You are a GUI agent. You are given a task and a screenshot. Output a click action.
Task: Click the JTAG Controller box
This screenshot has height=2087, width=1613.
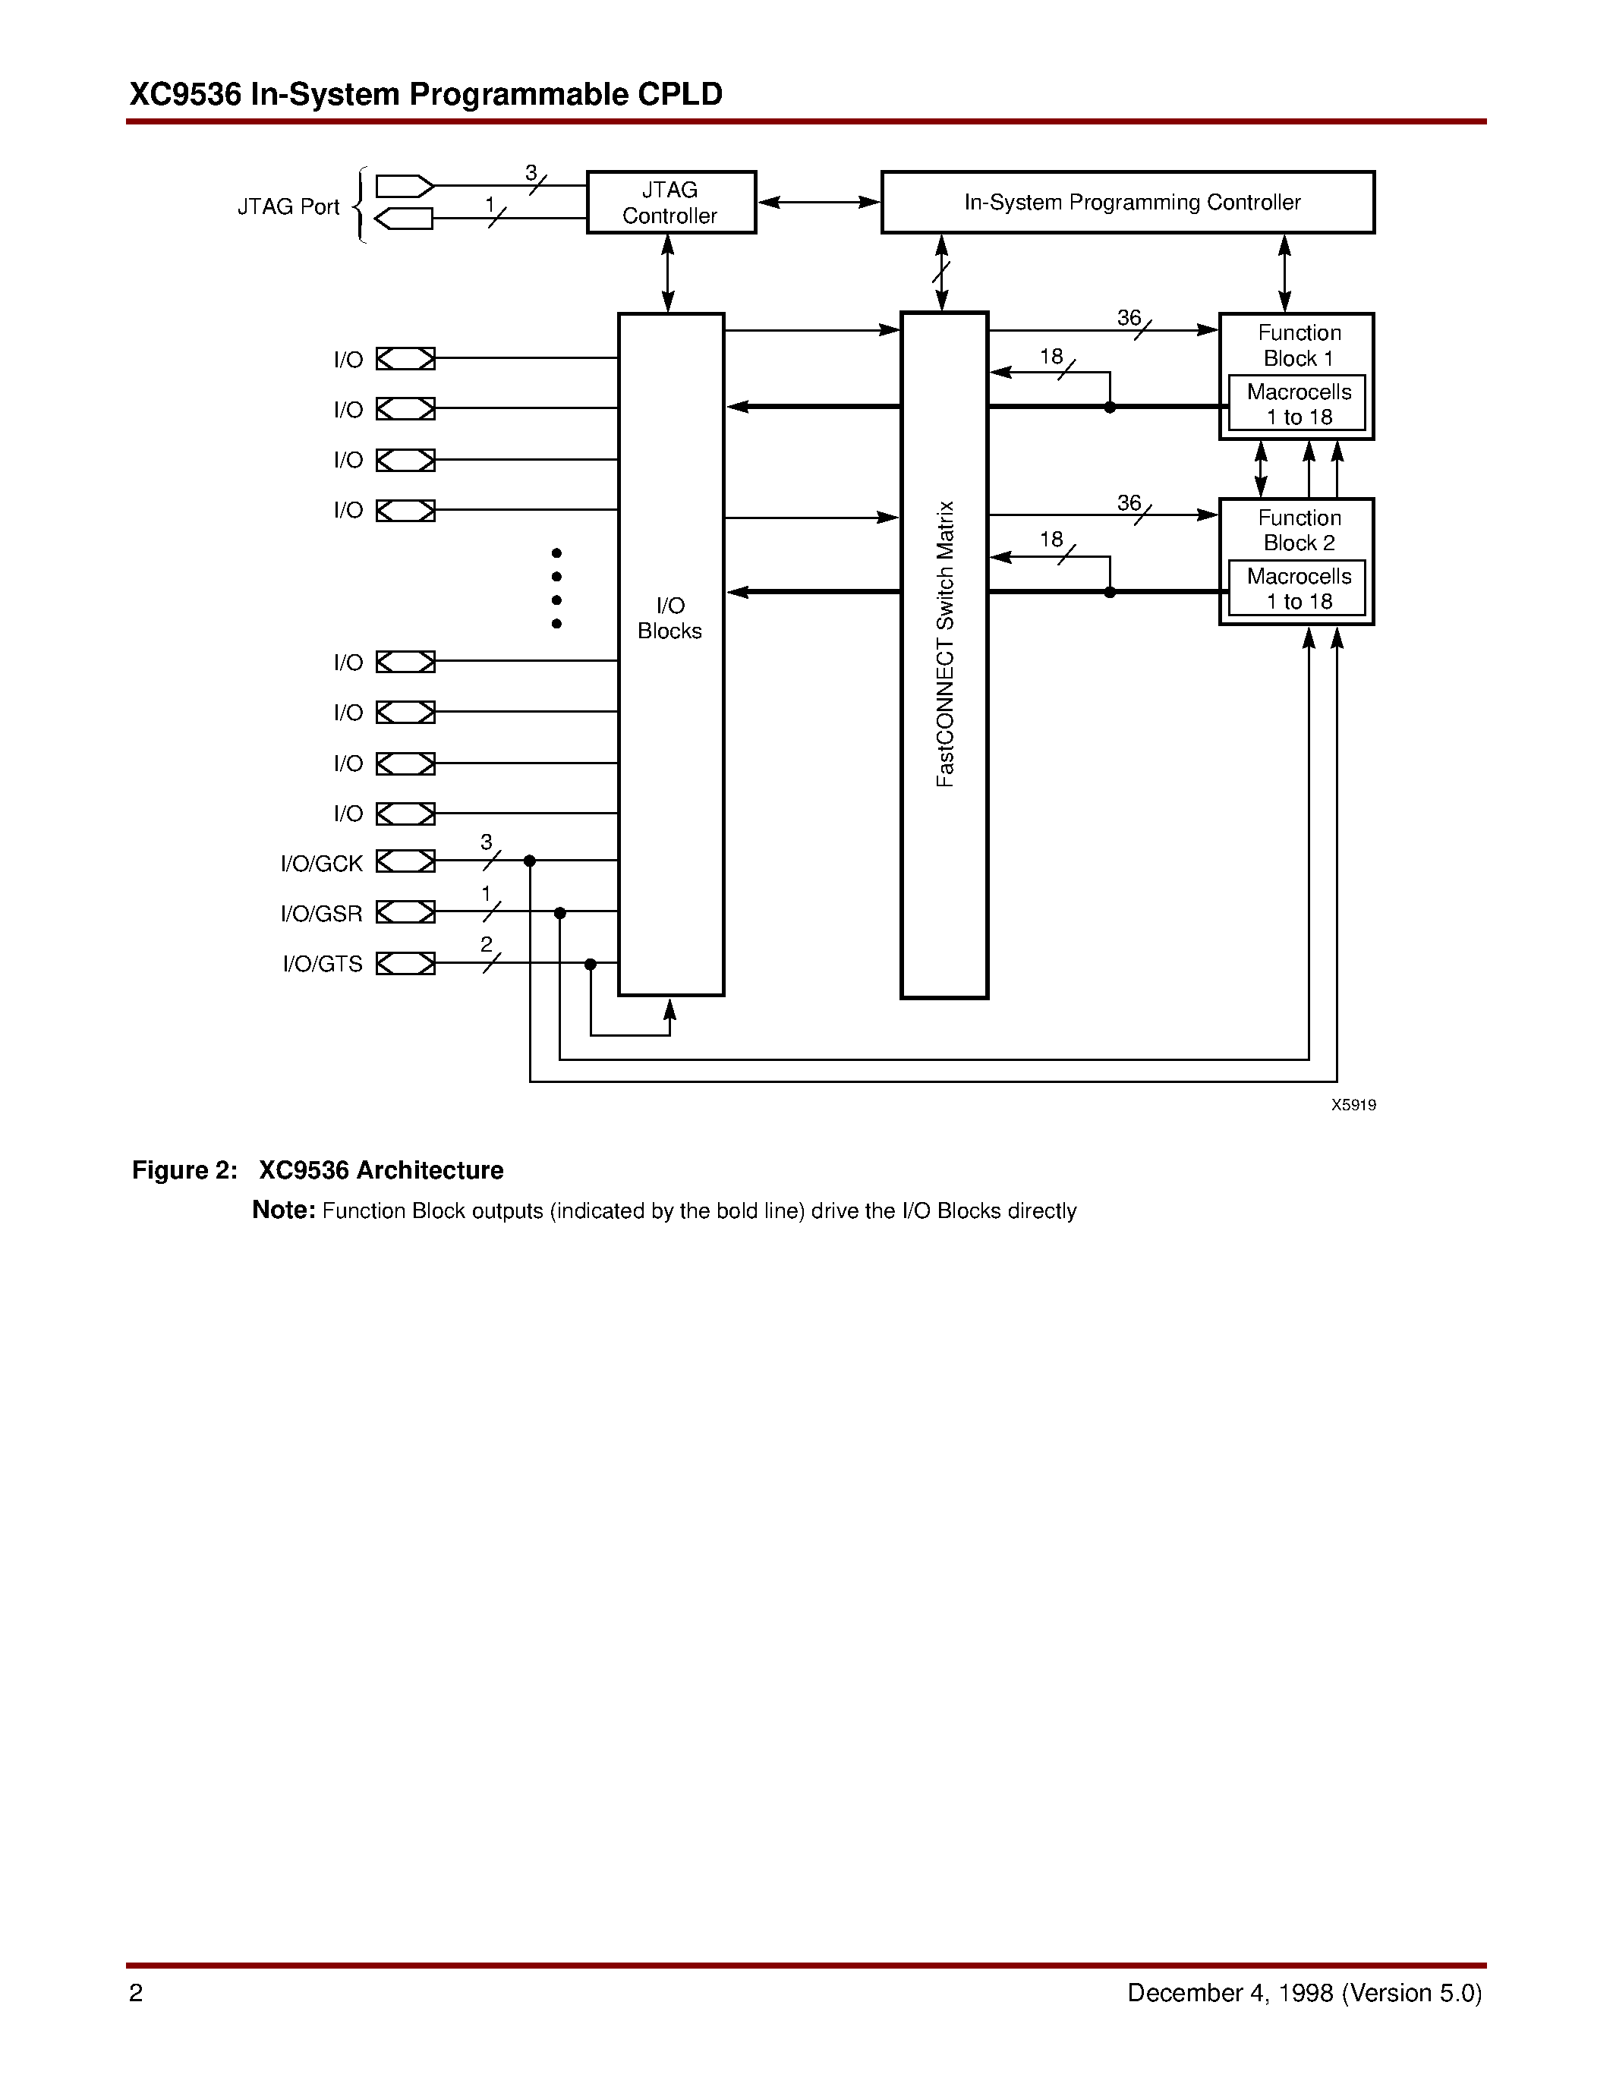click(671, 203)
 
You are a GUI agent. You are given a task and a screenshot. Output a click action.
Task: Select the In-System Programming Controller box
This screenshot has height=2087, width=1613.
click(1127, 203)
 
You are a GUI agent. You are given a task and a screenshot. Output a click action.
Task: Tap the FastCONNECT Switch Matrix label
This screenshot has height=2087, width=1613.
click(945, 644)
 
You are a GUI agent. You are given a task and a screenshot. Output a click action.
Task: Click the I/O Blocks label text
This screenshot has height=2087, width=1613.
click(669, 619)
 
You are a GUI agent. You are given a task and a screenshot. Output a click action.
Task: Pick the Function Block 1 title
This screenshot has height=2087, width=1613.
click(1299, 345)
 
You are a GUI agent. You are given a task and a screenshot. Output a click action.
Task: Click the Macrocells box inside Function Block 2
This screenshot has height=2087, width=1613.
click(1296, 589)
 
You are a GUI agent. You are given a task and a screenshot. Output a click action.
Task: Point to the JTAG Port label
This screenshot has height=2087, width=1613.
click(288, 206)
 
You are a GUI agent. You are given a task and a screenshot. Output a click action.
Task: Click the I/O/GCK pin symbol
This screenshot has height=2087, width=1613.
click(405, 862)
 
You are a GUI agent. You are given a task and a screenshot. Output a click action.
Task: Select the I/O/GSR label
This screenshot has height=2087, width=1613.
click(321, 914)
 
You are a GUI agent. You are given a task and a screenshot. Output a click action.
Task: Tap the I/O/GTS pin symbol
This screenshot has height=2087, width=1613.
click(405, 963)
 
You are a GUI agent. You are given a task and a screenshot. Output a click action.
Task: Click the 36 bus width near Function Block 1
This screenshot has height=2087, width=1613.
click(1129, 317)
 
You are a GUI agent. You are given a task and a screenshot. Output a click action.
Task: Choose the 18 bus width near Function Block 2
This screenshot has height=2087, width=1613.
click(1051, 540)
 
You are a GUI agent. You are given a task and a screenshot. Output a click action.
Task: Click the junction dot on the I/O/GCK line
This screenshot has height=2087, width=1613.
click(529, 861)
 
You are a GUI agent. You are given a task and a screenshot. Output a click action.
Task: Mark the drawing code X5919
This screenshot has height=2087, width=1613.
click(1353, 1105)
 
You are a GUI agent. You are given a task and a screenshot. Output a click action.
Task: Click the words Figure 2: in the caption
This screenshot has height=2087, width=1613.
click(184, 1170)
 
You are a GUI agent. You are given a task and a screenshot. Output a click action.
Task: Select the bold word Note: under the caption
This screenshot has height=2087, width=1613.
click(283, 1210)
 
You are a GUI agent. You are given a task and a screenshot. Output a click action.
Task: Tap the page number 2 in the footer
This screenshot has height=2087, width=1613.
click(136, 1992)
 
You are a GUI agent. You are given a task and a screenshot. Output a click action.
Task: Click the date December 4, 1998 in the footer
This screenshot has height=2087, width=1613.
click(1230, 1992)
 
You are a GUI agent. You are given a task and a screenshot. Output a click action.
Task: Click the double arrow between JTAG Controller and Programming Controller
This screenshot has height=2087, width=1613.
click(818, 203)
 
